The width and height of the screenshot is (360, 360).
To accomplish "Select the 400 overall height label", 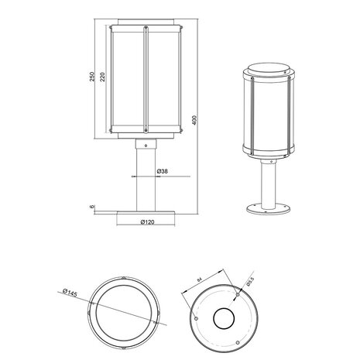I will coord(195,122).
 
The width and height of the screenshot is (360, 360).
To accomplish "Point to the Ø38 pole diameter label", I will coord(163,170).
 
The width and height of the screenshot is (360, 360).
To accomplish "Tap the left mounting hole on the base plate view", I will coord(195,317).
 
